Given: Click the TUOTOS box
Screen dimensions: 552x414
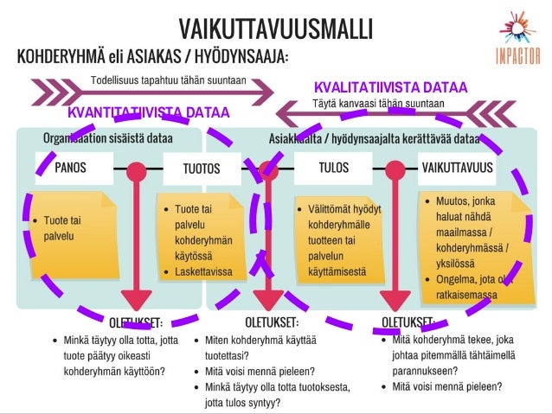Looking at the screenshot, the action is click(x=201, y=169).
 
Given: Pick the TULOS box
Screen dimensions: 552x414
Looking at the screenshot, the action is click(x=334, y=168).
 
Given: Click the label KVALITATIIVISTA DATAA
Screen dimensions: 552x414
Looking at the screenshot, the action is click(x=390, y=87).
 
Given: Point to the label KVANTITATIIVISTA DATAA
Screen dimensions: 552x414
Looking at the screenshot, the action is click(x=148, y=112).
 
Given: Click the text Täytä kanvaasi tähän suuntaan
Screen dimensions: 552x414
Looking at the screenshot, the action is click(x=378, y=104).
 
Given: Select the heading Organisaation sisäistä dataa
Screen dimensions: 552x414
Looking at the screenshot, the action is click(x=108, y=138).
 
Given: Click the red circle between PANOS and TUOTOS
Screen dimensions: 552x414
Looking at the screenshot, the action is click(x=136, y=169).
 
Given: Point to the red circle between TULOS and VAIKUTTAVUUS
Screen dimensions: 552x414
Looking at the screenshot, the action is click(x=395, y=169).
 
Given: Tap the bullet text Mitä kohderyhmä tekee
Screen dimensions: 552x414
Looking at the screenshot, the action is click(x=457, y=341).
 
